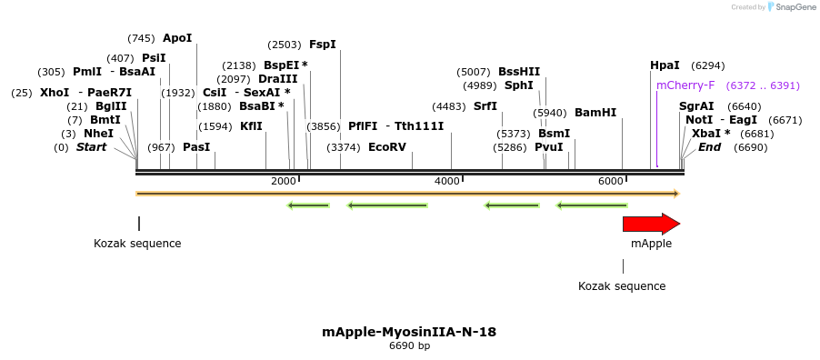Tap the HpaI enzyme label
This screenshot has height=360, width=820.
(665, 65)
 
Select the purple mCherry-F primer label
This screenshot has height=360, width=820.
(685, 85)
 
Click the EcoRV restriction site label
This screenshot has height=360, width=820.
(387, 147)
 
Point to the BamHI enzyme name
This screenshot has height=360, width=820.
(595, 113)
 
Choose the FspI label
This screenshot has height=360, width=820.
(323, 45)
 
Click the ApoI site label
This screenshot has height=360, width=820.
(177, 38)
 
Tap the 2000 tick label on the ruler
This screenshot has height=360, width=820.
(284, 182)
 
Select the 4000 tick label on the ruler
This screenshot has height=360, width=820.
(447, 182)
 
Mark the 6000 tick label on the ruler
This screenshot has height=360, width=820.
(611, 182)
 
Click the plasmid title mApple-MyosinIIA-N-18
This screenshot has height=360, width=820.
(409, 332)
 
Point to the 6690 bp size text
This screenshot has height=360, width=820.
(409, 346)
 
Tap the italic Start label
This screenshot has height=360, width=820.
(91, 147)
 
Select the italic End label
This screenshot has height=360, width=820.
(709, 147)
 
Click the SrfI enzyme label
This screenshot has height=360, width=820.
(485, 106)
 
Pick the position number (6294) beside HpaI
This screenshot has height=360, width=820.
(707, 65)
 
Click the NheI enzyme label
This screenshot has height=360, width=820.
(98, 134)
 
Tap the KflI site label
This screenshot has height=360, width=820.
(252, 126)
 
